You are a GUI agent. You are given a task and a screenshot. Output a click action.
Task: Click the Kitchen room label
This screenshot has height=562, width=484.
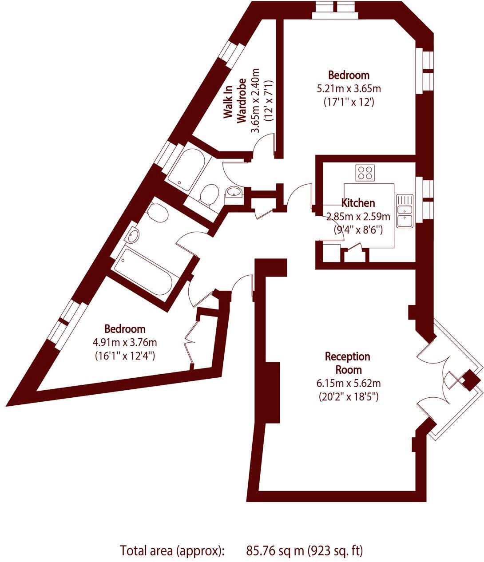tap(358, 203)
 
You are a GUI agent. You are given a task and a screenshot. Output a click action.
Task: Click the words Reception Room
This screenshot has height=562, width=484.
tap(347, 363)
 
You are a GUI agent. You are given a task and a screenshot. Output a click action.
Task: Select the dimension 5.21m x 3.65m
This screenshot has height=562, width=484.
tap(349, 89)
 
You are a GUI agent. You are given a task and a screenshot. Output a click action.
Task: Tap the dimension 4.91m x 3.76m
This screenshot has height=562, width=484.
tap(125, 342)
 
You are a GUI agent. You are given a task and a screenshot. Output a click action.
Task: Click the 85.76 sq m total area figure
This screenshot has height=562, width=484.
tap(275, 551)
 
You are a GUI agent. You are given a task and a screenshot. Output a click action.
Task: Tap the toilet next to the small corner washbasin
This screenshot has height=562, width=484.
tap(208, 195)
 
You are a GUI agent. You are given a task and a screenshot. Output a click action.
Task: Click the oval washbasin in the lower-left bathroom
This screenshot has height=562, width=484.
tap(133, 237)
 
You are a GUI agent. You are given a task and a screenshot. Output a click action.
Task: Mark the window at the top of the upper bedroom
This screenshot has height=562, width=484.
tap(334, 10)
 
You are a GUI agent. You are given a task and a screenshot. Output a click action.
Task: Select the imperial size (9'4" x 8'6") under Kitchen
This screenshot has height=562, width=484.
tap(358, 230)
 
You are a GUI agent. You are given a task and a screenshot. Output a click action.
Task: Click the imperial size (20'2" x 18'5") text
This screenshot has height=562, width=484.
tap(348, 396)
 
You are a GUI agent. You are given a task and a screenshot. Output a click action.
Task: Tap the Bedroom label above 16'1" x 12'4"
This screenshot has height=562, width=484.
tap(125, 329)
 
